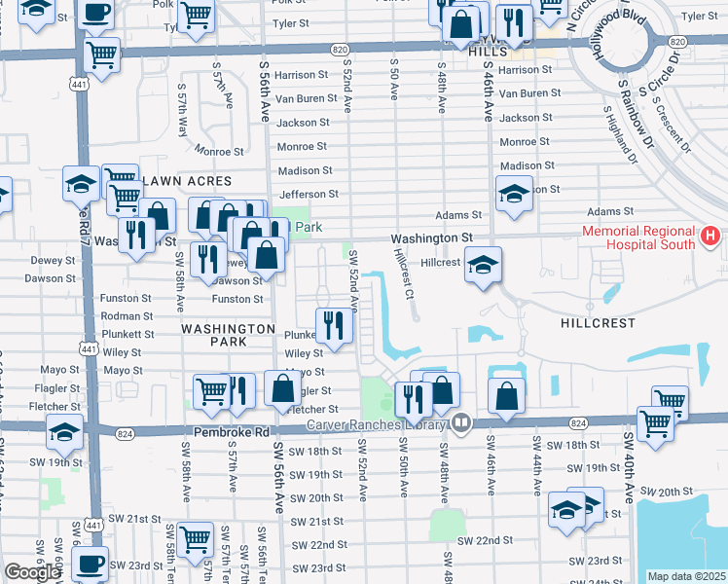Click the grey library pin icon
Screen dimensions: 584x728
tap(461, 423)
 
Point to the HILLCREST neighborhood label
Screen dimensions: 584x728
tap(598, 322)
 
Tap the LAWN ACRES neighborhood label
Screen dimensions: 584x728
tap(187, 181)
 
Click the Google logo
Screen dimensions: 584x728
tap(32, 572)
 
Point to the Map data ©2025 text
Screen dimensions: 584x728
tap(687, 576)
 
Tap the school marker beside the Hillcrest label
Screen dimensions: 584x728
tap(482, 265)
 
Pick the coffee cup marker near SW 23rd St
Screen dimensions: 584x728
tap(91, 565)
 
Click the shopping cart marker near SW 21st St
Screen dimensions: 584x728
tap(197, 537)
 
